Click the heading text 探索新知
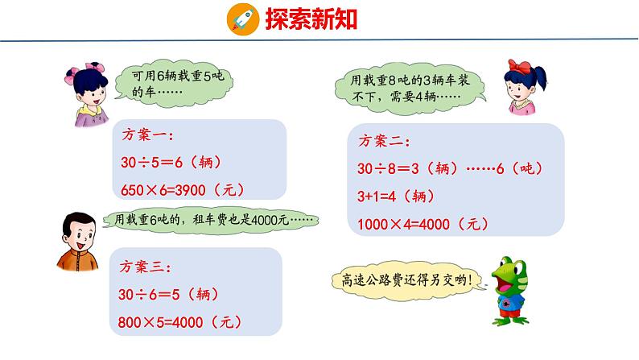click(301, 19)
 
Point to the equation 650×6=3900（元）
click(183, 189)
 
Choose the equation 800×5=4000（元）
click(183, 322)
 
